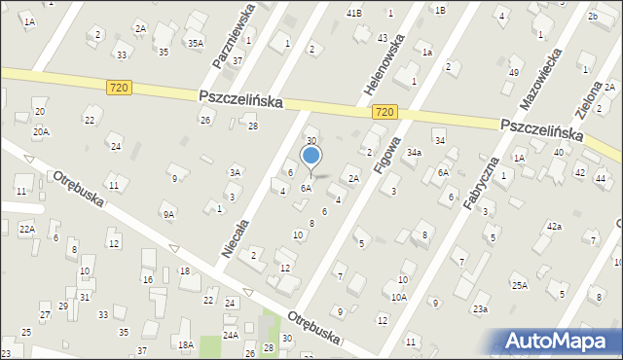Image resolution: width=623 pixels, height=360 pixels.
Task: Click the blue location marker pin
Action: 311,158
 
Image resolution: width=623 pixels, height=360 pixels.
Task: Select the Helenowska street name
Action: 397,57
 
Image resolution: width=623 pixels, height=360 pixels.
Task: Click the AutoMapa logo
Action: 559,342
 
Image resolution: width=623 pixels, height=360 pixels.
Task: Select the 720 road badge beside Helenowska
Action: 384,113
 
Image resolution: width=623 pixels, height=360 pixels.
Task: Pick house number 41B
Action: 353,13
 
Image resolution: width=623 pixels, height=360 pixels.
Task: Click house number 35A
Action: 196,43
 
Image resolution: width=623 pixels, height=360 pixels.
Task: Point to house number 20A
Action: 40,131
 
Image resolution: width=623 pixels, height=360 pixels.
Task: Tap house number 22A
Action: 27,229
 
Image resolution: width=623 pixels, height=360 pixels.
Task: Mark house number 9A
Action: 168,215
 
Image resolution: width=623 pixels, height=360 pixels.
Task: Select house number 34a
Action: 414,153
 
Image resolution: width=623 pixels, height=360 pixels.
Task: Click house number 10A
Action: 399,297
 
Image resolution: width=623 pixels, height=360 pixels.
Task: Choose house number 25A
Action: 520,285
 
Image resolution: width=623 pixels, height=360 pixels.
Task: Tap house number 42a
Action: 554,226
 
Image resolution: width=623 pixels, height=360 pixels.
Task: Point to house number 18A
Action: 185,344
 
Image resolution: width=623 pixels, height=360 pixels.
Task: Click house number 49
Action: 514,73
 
